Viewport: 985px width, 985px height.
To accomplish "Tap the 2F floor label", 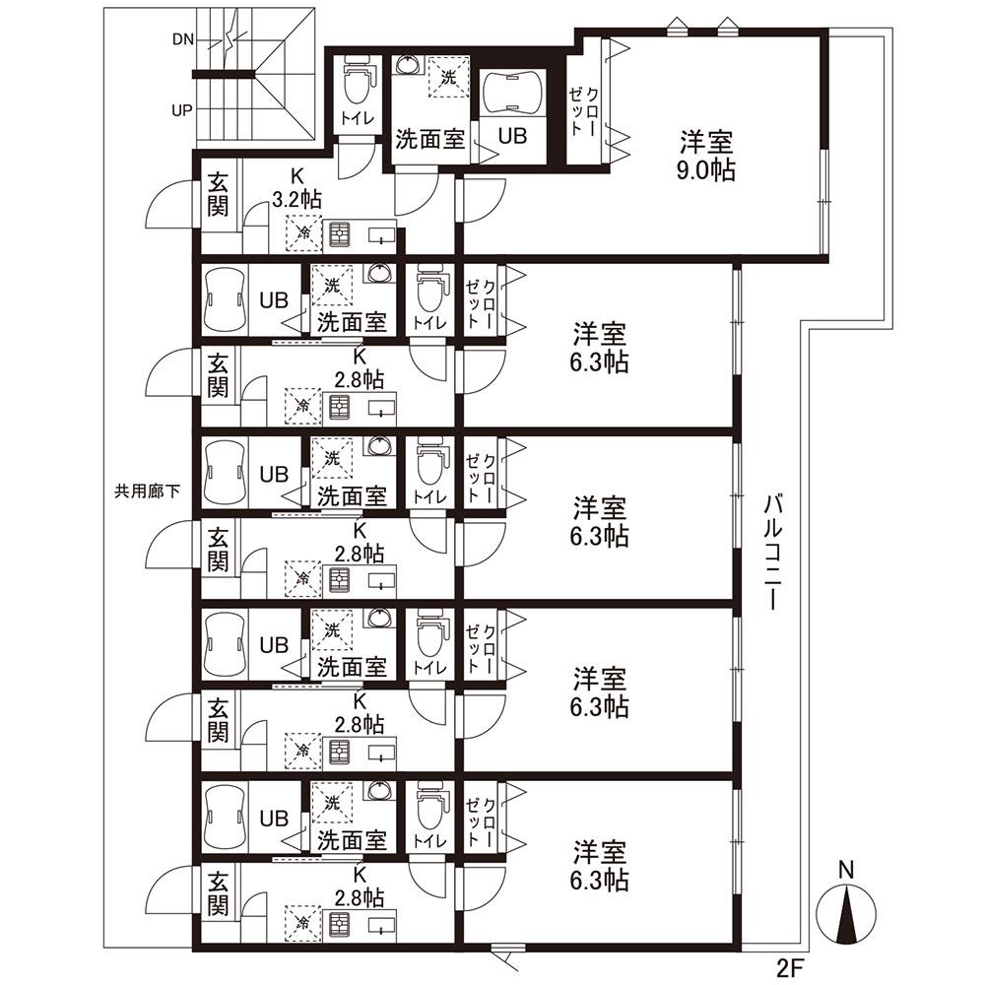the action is [790, 968].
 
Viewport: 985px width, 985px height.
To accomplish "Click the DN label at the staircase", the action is [183, 39].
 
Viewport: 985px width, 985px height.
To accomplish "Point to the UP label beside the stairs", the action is [182, 110].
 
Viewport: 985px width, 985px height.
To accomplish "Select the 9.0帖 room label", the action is [706, 170].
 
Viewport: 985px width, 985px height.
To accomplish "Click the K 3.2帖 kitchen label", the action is [296, 188].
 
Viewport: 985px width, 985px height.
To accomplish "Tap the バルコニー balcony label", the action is [774, 553].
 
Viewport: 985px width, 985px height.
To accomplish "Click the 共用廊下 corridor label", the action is [148, 491].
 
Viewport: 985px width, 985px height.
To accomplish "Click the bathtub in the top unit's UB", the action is [512, 93].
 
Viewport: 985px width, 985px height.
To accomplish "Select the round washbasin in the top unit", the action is [409, 65].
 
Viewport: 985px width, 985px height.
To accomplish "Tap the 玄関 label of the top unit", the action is [218, 194].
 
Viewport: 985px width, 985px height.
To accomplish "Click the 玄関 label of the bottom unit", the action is [218, 892].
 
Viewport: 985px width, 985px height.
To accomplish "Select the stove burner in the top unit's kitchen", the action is [339, 235].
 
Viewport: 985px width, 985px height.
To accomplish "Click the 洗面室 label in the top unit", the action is [430, 140].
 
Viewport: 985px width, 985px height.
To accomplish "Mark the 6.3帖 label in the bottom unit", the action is [599, 881].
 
